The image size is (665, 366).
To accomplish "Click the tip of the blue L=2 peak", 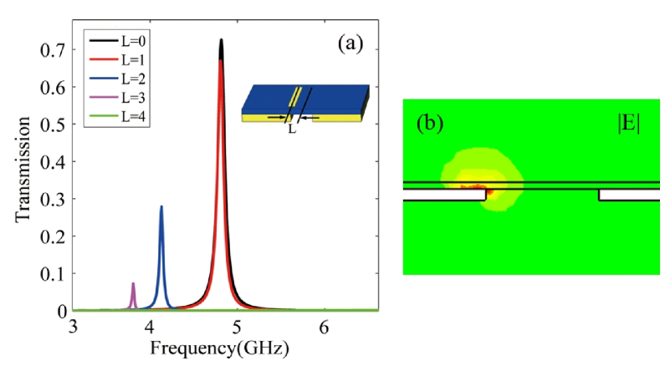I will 161,206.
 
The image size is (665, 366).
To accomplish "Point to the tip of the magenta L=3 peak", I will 133,283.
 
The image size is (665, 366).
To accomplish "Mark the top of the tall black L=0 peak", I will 221,39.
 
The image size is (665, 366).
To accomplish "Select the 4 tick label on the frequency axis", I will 149,326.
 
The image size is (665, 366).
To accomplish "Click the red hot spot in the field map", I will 488,192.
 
